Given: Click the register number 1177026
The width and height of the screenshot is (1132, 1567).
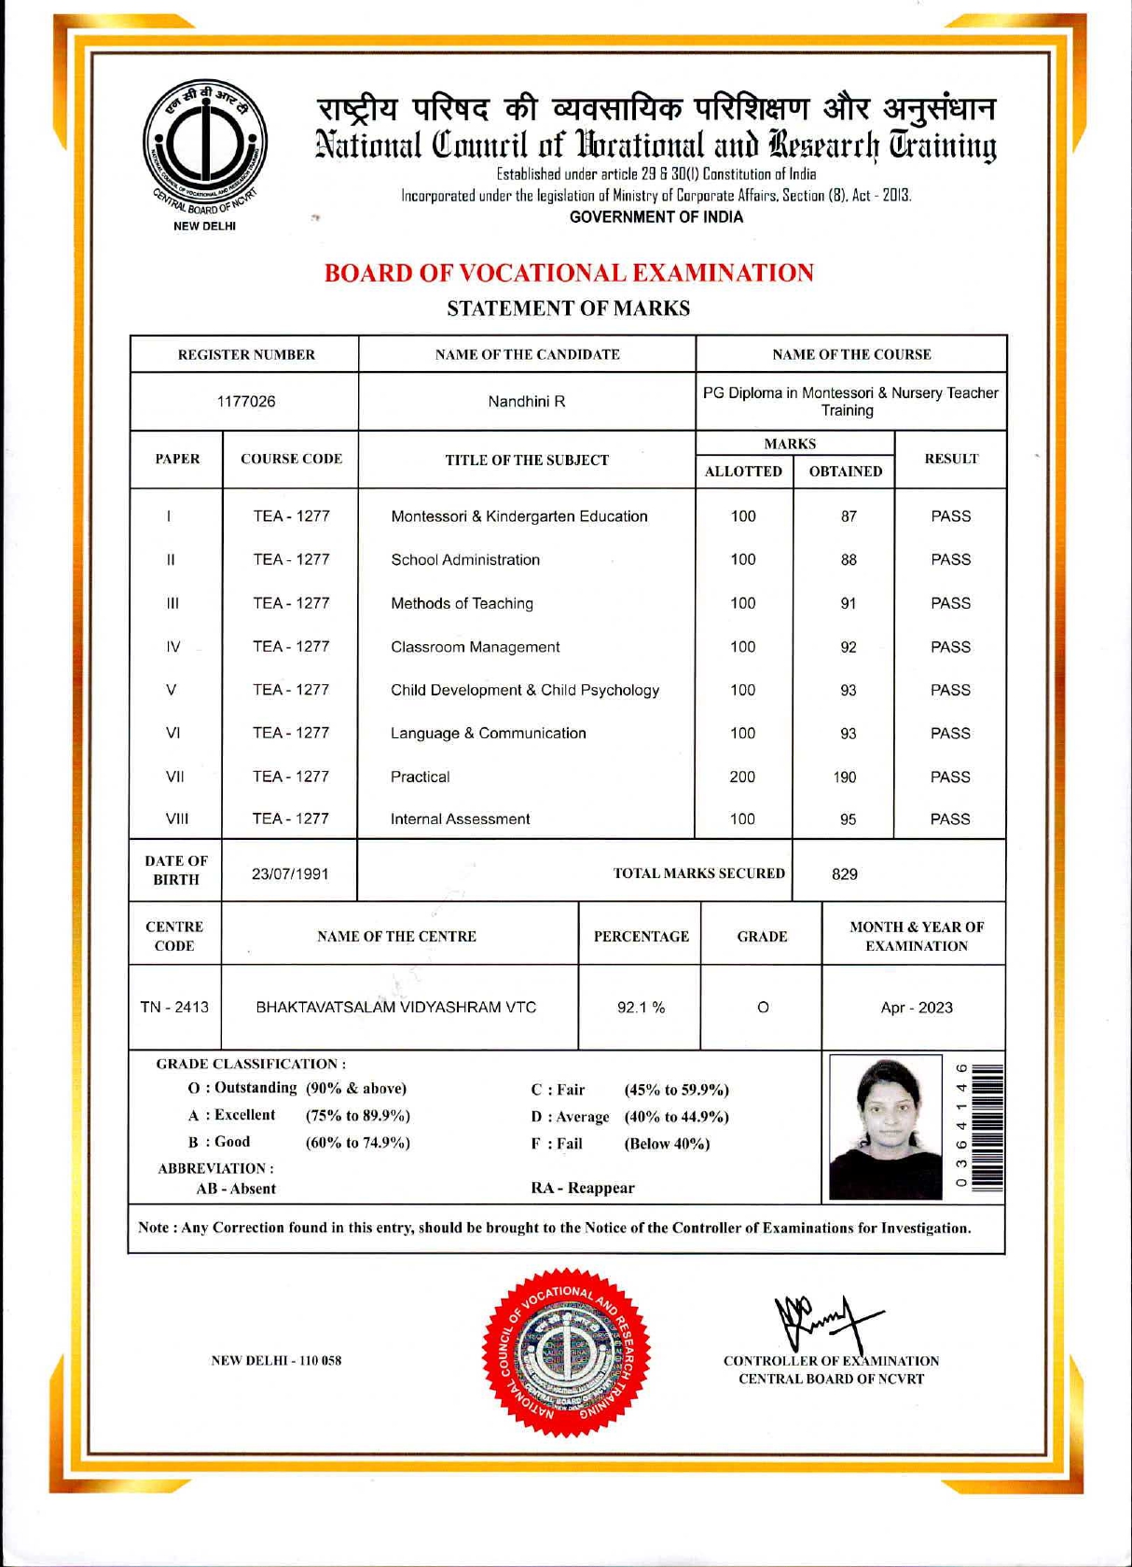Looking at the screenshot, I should pos(246,402).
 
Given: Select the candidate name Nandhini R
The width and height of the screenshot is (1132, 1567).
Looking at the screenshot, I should pos(527,402).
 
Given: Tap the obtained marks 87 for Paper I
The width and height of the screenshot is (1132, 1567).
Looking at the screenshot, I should pos(848,516).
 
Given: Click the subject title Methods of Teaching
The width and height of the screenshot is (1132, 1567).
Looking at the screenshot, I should pos(462,603).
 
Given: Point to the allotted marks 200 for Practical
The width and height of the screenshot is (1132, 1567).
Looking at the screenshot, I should pos(742,777).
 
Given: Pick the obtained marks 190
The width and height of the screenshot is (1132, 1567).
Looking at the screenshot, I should pos(845,777).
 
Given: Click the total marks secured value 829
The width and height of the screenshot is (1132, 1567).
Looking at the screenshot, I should pos(844,874).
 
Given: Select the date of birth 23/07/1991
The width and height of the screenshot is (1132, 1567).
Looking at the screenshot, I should pos(290,874).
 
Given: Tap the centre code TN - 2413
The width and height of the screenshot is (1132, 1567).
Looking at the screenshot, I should pos(174,1008).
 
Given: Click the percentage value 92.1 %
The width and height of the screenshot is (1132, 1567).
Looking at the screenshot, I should pos(641,1008).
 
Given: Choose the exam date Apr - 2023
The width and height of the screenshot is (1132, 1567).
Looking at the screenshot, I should pos(916,1008).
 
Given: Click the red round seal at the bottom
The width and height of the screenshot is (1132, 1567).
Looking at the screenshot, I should pos(566,1352).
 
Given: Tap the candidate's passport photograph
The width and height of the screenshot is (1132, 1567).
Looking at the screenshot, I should pos(885,1128).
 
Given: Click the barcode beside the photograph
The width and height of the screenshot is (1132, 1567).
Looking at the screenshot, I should pos(991,1128).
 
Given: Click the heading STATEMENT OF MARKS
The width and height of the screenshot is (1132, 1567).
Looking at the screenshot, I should pos(568,309).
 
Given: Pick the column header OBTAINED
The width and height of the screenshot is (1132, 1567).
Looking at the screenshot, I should pos(845,472).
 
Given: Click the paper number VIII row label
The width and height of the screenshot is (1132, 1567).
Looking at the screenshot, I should pos(176,819).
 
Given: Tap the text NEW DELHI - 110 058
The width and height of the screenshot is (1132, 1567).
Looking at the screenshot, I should pos(276,1361).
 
